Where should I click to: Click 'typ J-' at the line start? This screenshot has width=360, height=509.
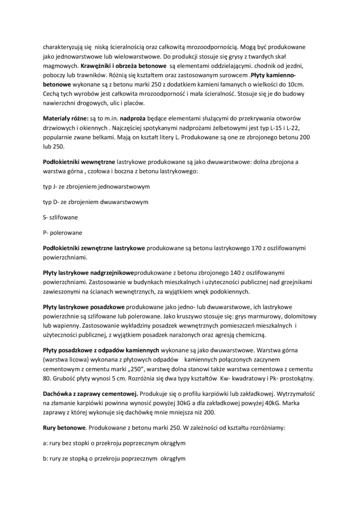click(x=51, y=187)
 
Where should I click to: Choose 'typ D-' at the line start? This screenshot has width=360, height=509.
click(x=52, y=202)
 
